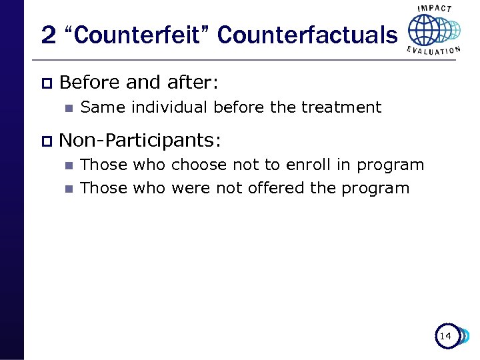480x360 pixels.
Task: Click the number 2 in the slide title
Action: point(48,35)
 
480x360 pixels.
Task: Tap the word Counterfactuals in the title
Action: point(306,35)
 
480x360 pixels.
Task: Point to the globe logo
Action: point(433,30)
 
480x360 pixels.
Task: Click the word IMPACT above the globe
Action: point(434,9)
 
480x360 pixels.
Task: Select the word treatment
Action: point(341,107)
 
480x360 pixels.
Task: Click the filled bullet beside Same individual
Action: point(67,107)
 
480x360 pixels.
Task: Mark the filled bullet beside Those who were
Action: point(67,189)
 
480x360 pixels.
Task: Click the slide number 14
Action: point(445,337)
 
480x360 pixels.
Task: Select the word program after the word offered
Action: point(375,189)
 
